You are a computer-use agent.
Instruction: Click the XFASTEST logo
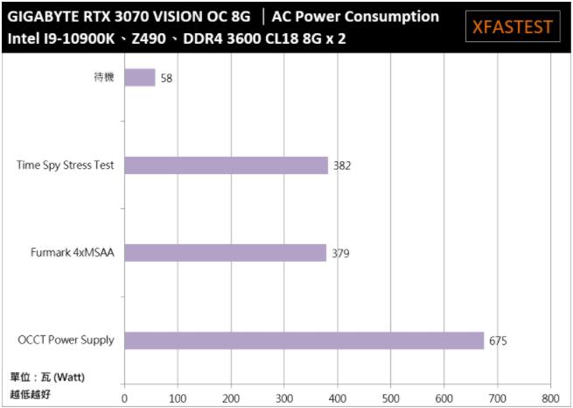click(x=512, y=26)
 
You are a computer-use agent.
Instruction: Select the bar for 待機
click(x=140, y=78)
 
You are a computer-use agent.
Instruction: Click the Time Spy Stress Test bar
click(x=227, y=165)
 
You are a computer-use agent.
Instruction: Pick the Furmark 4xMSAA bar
click(x=226, y=253)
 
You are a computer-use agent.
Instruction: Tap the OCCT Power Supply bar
click(x=304, y=341)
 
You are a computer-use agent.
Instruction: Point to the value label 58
click(x=167, y=79)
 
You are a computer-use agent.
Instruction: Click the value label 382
click(x=342, y=165)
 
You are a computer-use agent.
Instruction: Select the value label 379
click(x=340, y=254)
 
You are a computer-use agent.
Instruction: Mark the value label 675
click(x=498, y=341)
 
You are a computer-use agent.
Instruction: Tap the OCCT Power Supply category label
click(x=66, y=340)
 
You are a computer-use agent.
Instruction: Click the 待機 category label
click(x=104, y=77)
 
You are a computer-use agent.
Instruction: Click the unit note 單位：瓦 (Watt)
click(x=47, y=376)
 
